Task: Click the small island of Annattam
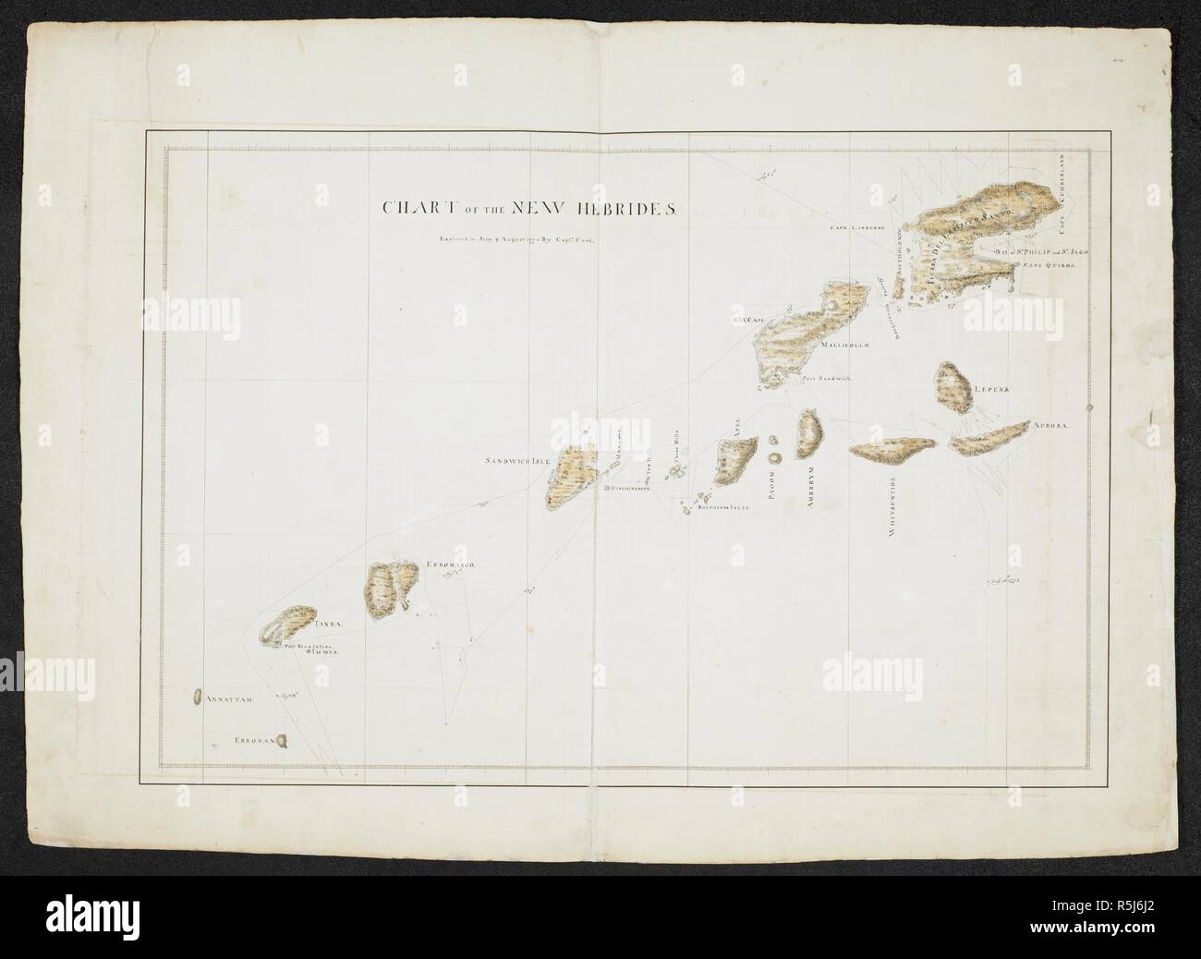point(197,698)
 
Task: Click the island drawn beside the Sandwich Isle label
point(568,476)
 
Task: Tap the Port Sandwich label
point(825,378)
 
